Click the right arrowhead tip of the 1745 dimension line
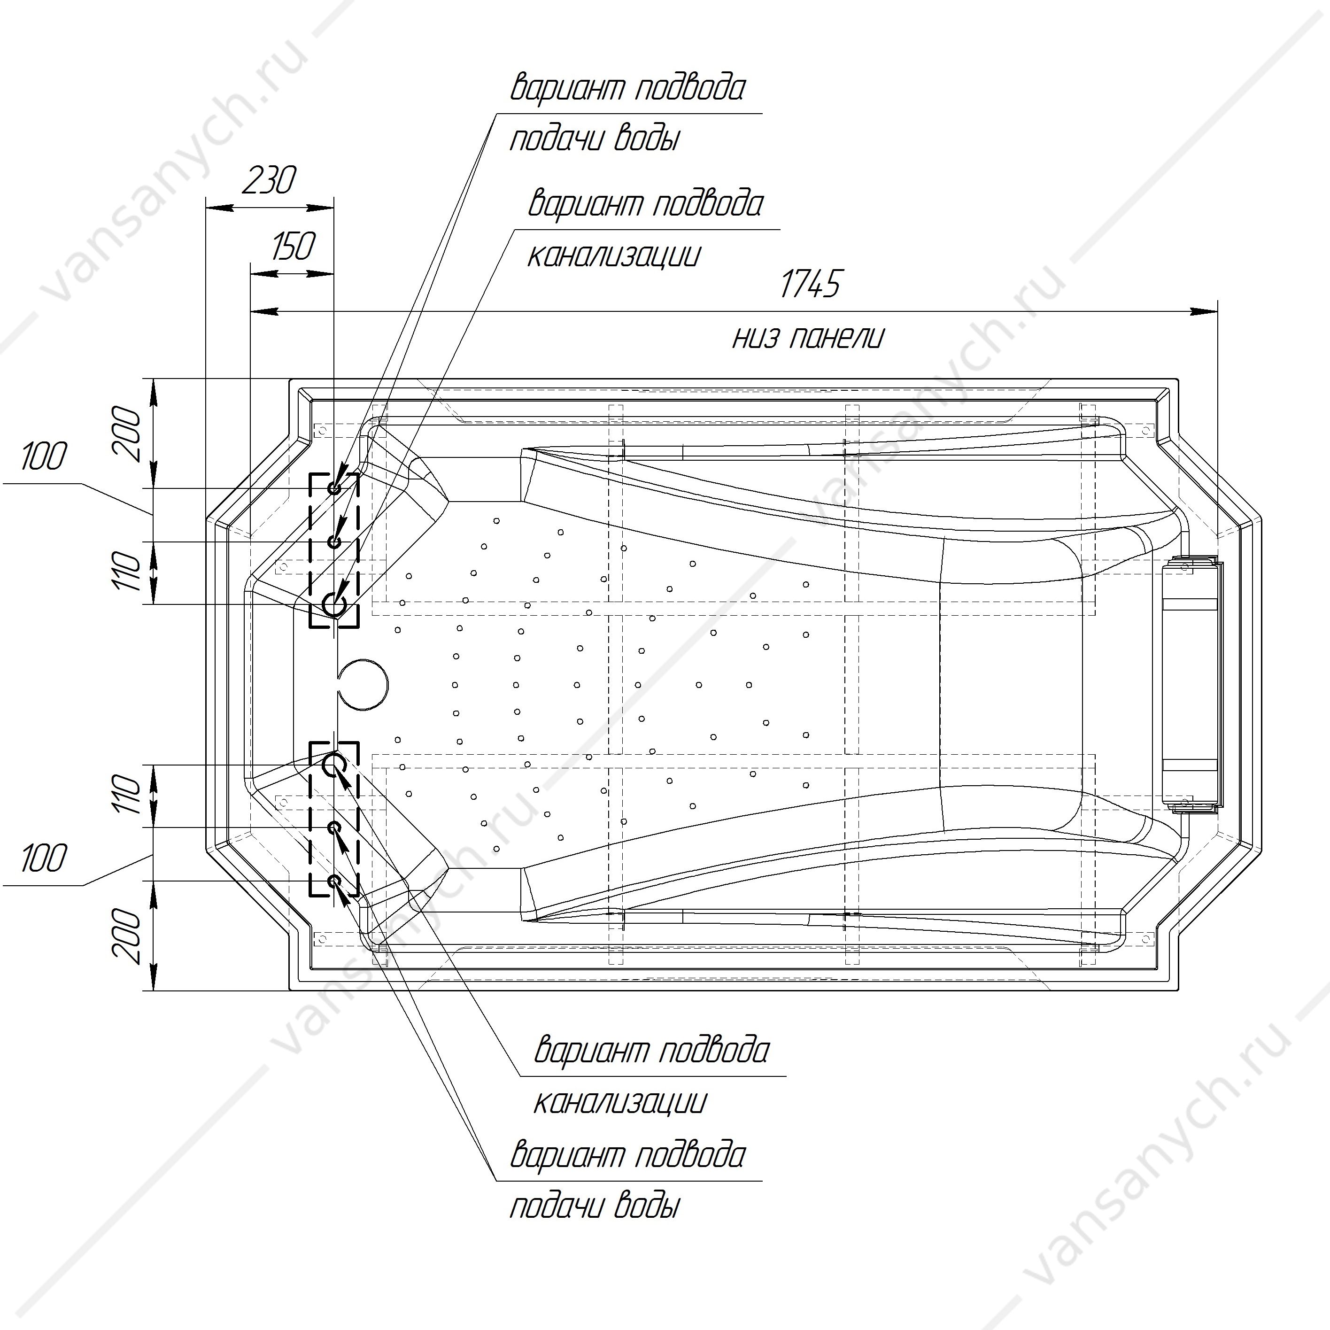coord(1217,312)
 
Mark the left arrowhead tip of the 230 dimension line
coord(207,207)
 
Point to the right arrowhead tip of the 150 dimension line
coord(333,273)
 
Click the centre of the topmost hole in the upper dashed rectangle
coord(334,488)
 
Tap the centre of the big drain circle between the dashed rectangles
coord(363,684)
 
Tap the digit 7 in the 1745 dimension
coord(804,284)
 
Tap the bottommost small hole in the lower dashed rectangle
coord(334,881)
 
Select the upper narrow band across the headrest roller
coord(1190,604)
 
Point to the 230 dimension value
coord(269,180)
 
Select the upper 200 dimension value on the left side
coord(128,433)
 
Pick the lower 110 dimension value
coord(128,794)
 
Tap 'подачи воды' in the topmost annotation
coord(595,139)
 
